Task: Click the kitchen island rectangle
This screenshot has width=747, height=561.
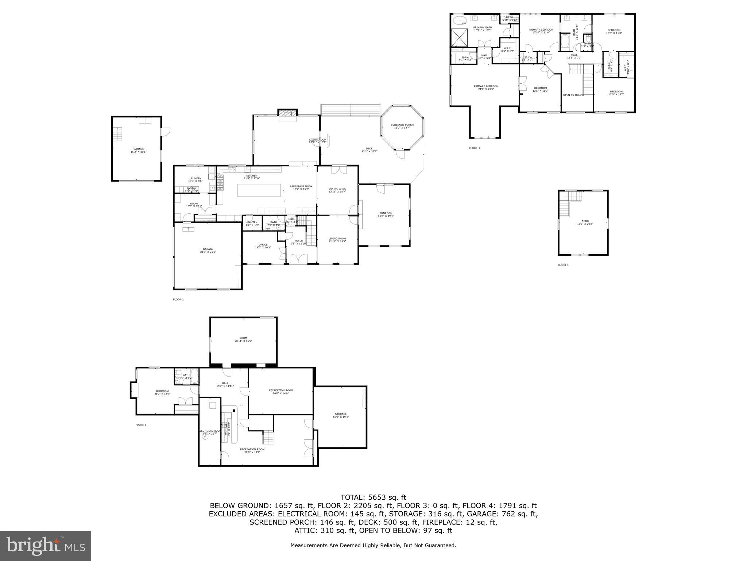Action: pos(259,190)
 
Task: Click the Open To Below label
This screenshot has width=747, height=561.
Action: pos(573,95)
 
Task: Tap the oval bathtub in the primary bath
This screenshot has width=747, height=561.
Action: pos(460,20)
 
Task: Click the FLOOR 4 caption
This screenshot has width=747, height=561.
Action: pos(474,148)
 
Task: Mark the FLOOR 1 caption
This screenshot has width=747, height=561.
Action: pos(140,425)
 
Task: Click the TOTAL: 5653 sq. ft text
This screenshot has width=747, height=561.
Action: pos(373,497)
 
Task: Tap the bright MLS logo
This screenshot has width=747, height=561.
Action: pos(45,546)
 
